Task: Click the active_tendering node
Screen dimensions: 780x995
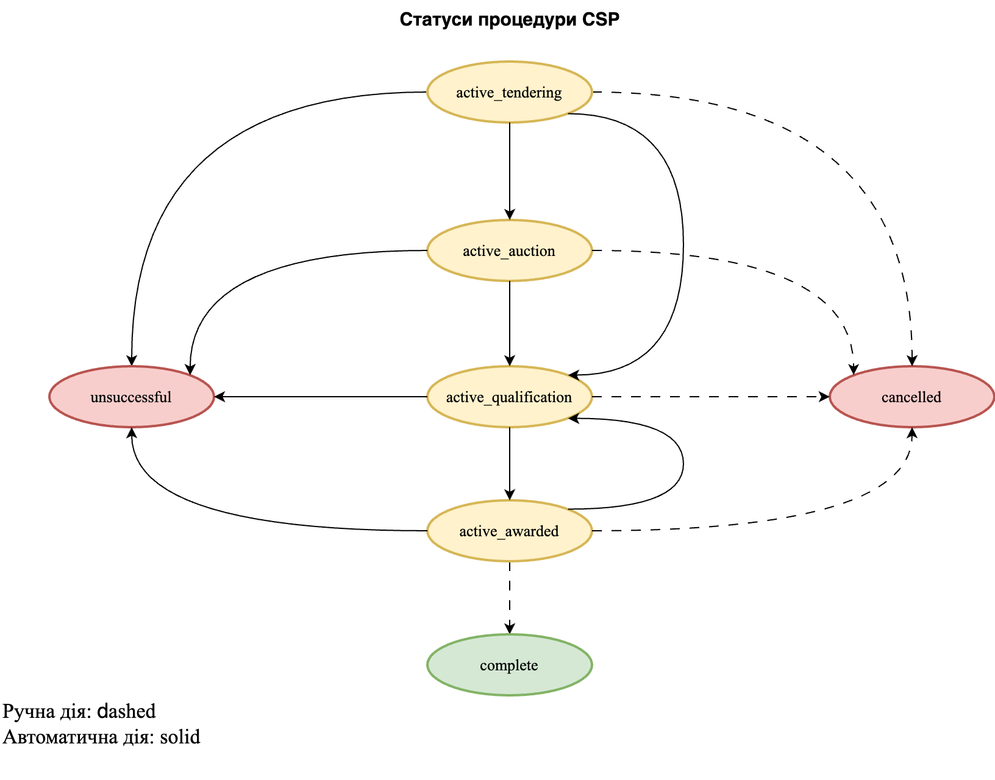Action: [x=509, y=92]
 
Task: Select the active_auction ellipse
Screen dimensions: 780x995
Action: [x=509, y=250]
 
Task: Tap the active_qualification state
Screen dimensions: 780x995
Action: [x=509, y=397]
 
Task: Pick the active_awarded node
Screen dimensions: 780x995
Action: [x=509, y=531]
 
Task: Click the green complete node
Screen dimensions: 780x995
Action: [x=509, y=665]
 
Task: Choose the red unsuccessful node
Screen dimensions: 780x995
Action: [x=131, y=397]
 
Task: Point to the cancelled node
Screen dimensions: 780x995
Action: [x=911, y=397]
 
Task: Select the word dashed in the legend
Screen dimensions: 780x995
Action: [x=127, y=711]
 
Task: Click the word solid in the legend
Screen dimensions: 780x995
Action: [x=180, y=737]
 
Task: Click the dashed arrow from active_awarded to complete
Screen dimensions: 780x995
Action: [x=510, y=597]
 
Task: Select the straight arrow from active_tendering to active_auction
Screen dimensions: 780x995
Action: [x=510, y=171]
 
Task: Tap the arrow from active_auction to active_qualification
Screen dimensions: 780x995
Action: [x=510, y=323]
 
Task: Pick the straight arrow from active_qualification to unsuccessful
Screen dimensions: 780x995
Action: [x=320, y=397]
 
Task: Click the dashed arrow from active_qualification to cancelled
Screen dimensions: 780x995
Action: [x=710, y=397]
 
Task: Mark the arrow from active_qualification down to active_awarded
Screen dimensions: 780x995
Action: [x=510, y=463]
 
